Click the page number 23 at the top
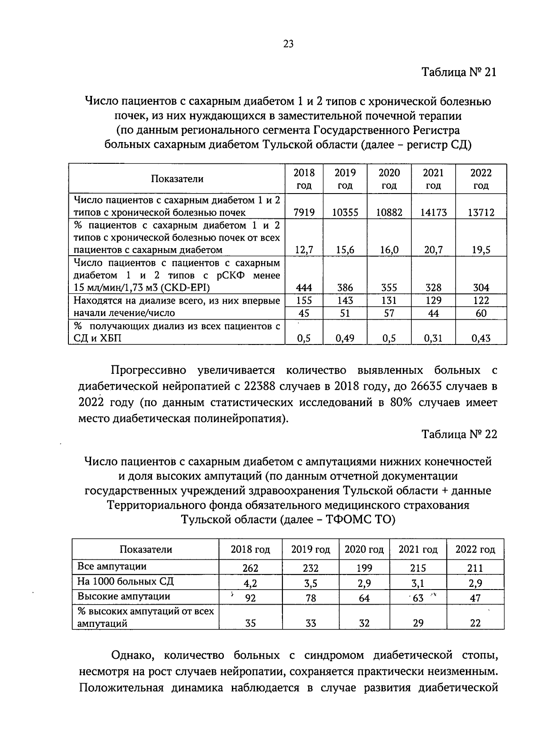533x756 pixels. [288, 44]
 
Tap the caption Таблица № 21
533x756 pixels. [458, 72]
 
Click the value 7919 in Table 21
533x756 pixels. [304, 213]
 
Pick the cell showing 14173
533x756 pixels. [433, 213]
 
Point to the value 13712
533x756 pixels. [481, 213]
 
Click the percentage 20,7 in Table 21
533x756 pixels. [433, 250]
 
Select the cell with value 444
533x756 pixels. [304, 288]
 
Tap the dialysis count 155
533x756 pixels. [304, 301]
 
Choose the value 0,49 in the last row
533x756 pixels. [345, 338]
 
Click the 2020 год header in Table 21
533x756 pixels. [389, 179]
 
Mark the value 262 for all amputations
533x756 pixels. [251, 568]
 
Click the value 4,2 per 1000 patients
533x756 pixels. [251, 583]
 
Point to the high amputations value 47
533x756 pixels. [475, 598]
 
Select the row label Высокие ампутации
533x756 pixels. [124, 596]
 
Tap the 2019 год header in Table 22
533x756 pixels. [310, 550]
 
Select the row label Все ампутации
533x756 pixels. [112, 566]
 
